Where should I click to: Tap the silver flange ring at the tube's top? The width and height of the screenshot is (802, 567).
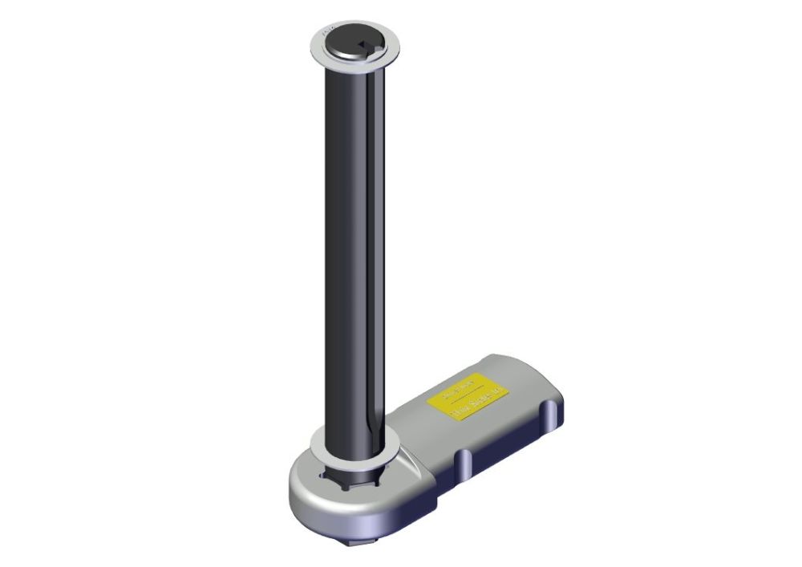coord(321,52)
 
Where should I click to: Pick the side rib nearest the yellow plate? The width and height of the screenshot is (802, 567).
coord(549,413)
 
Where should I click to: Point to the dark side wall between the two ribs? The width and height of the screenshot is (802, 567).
coord(505,445)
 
